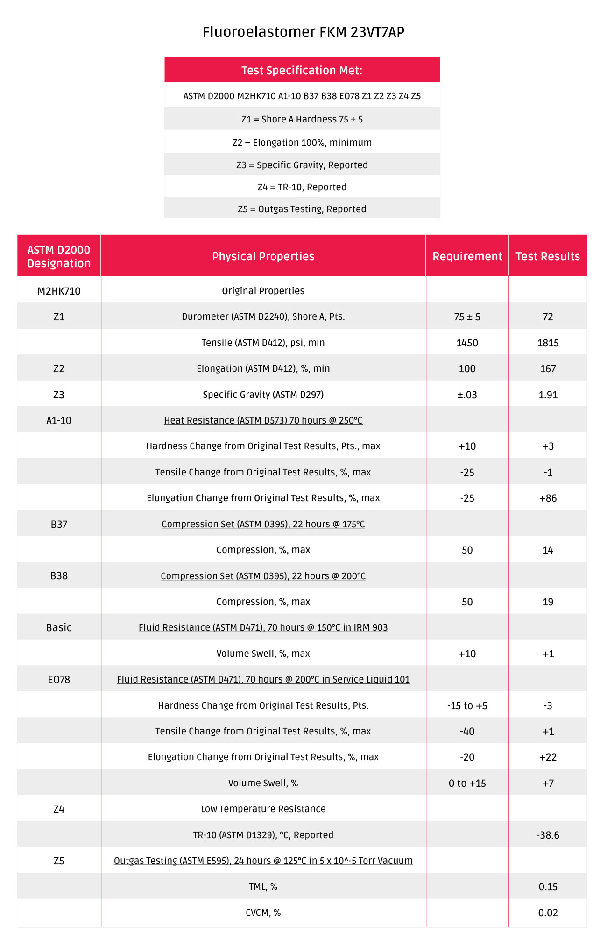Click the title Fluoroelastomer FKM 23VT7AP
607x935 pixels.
click(303, 32)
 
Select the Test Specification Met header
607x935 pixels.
click(302, 70)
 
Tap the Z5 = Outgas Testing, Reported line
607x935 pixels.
click(302, 209)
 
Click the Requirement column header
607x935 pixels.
click(467, 256)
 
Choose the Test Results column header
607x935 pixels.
click(548, 256)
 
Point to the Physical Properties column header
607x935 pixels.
click(263, 256)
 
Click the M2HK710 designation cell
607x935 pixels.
click(59, 291)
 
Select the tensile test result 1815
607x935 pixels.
click(548, 343)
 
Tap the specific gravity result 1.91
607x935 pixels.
click(548, 395)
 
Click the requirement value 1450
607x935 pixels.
click(467, 343)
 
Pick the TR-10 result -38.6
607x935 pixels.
click(548, 835)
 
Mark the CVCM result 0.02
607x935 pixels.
click(548, 913)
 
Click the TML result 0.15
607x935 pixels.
click(548, 886)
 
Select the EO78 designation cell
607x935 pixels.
click(59, 679)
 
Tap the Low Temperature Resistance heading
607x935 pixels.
click(263, 809)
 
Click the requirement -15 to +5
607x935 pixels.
click(467, 705)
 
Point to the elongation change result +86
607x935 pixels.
click(548, 498)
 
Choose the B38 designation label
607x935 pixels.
click(59, 575)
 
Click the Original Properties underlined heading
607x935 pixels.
click(263, 291)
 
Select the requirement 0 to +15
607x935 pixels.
click(467, 783)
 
